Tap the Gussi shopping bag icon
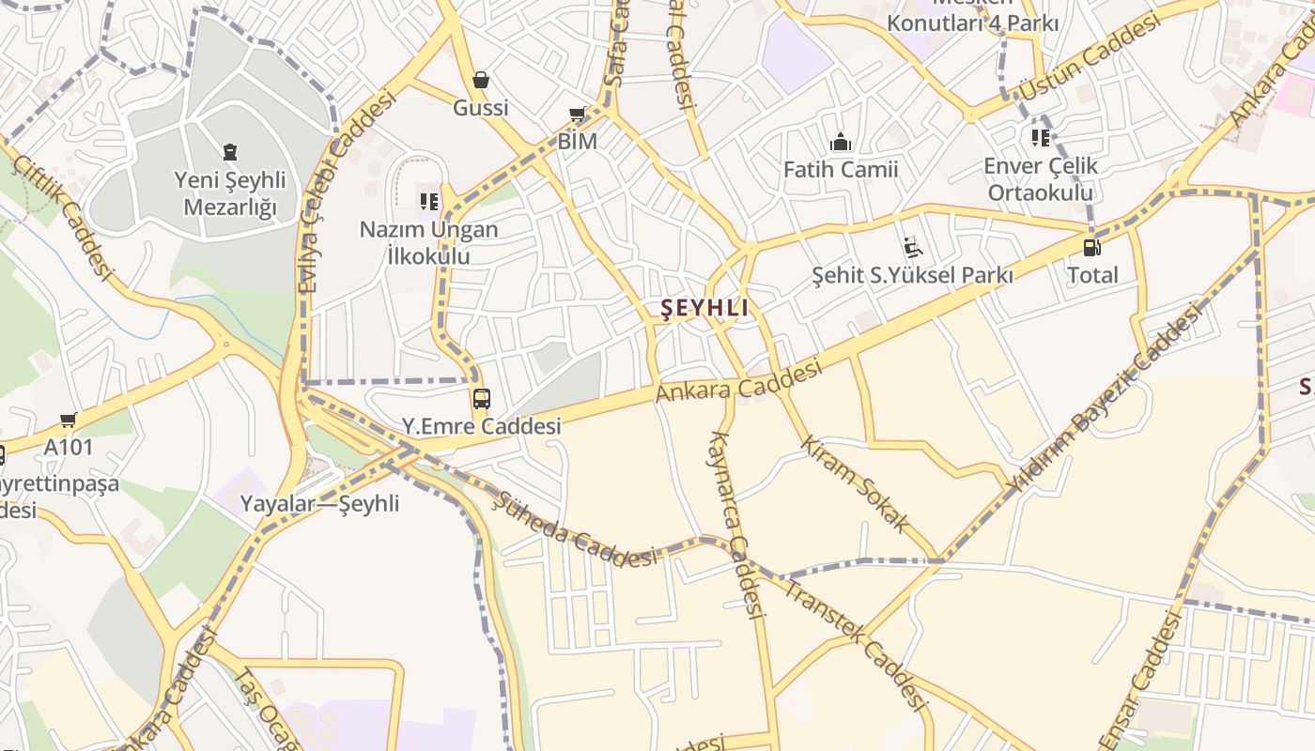[481, 80]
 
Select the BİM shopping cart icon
[578, 115]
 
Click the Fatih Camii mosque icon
[841, 143]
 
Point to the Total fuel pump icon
[1092, 248]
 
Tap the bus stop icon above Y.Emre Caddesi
[481, 399]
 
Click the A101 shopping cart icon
[68, 421]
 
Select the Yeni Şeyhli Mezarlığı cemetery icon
[230, 151]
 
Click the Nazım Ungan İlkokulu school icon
[429, 201]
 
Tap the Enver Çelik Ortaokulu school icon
[1041, 138]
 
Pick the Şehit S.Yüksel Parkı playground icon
[912, 248]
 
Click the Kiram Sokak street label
[854, 483]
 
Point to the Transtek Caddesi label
[856, 644]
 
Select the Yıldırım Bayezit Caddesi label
[1103, 398]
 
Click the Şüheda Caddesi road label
[575, 529]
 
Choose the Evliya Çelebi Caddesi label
[347, 192]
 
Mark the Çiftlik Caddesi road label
[62, 217]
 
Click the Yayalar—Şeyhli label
[319, 503]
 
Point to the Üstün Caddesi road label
[1090, 58]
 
